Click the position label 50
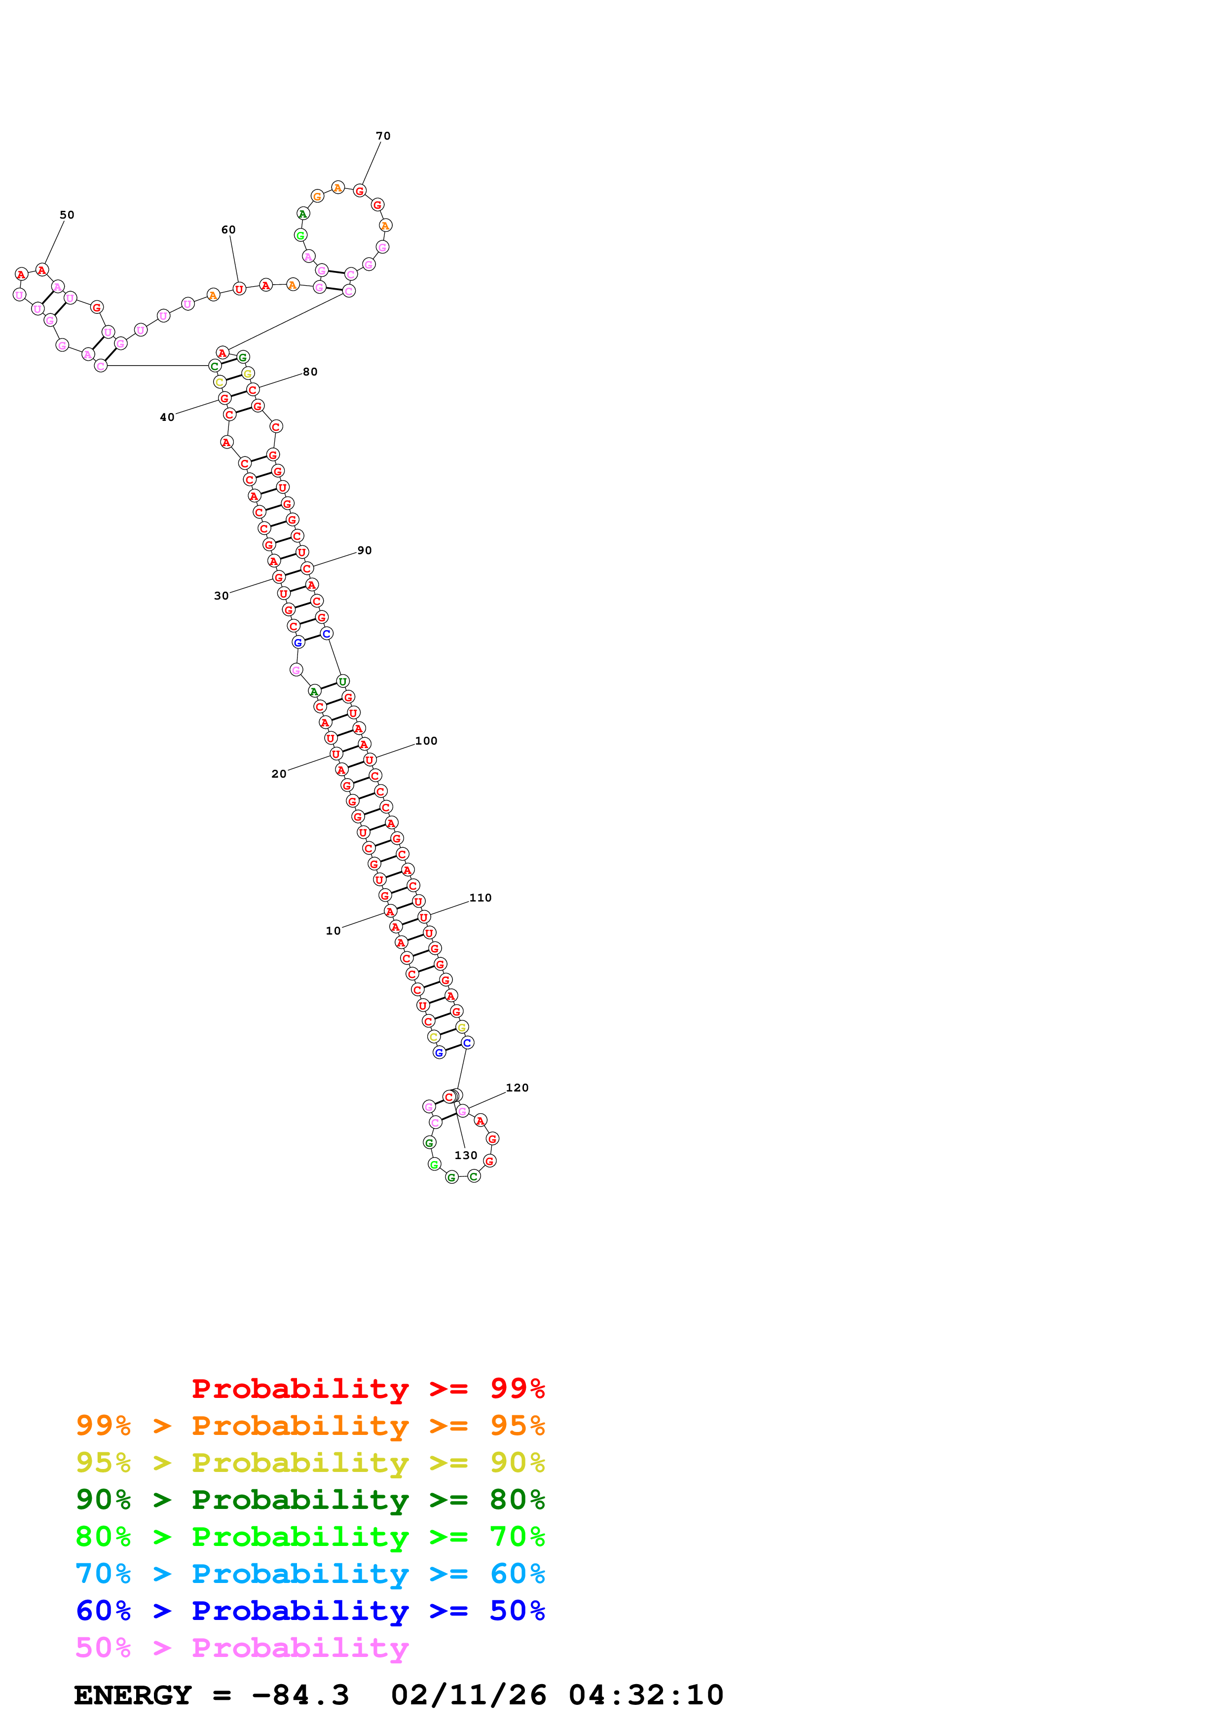67,215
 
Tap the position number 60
228,230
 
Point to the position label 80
310,372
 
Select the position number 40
167,417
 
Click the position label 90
365,550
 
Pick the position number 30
222,596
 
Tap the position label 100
427,741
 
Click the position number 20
279,774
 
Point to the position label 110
481,898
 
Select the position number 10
333,931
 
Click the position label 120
518,1088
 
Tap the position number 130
466,1156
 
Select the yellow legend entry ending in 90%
310,1464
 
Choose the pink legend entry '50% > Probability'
242,1648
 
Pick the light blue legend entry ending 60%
310,1574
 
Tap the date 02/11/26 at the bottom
469,1695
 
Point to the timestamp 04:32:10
646,1695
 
